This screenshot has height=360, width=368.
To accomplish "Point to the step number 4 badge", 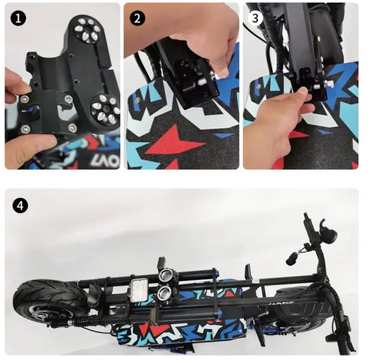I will pos(20,205).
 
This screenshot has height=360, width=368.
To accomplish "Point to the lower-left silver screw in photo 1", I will pos(26,129).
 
